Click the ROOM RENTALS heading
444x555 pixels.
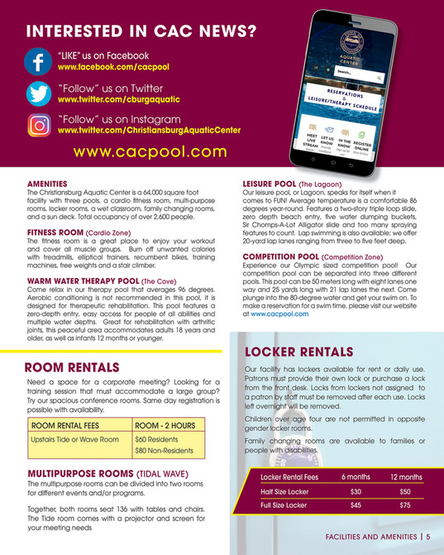pos(73,366)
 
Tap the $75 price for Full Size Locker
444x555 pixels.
pos(404,505)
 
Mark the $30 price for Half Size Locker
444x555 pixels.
pos(356,491)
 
